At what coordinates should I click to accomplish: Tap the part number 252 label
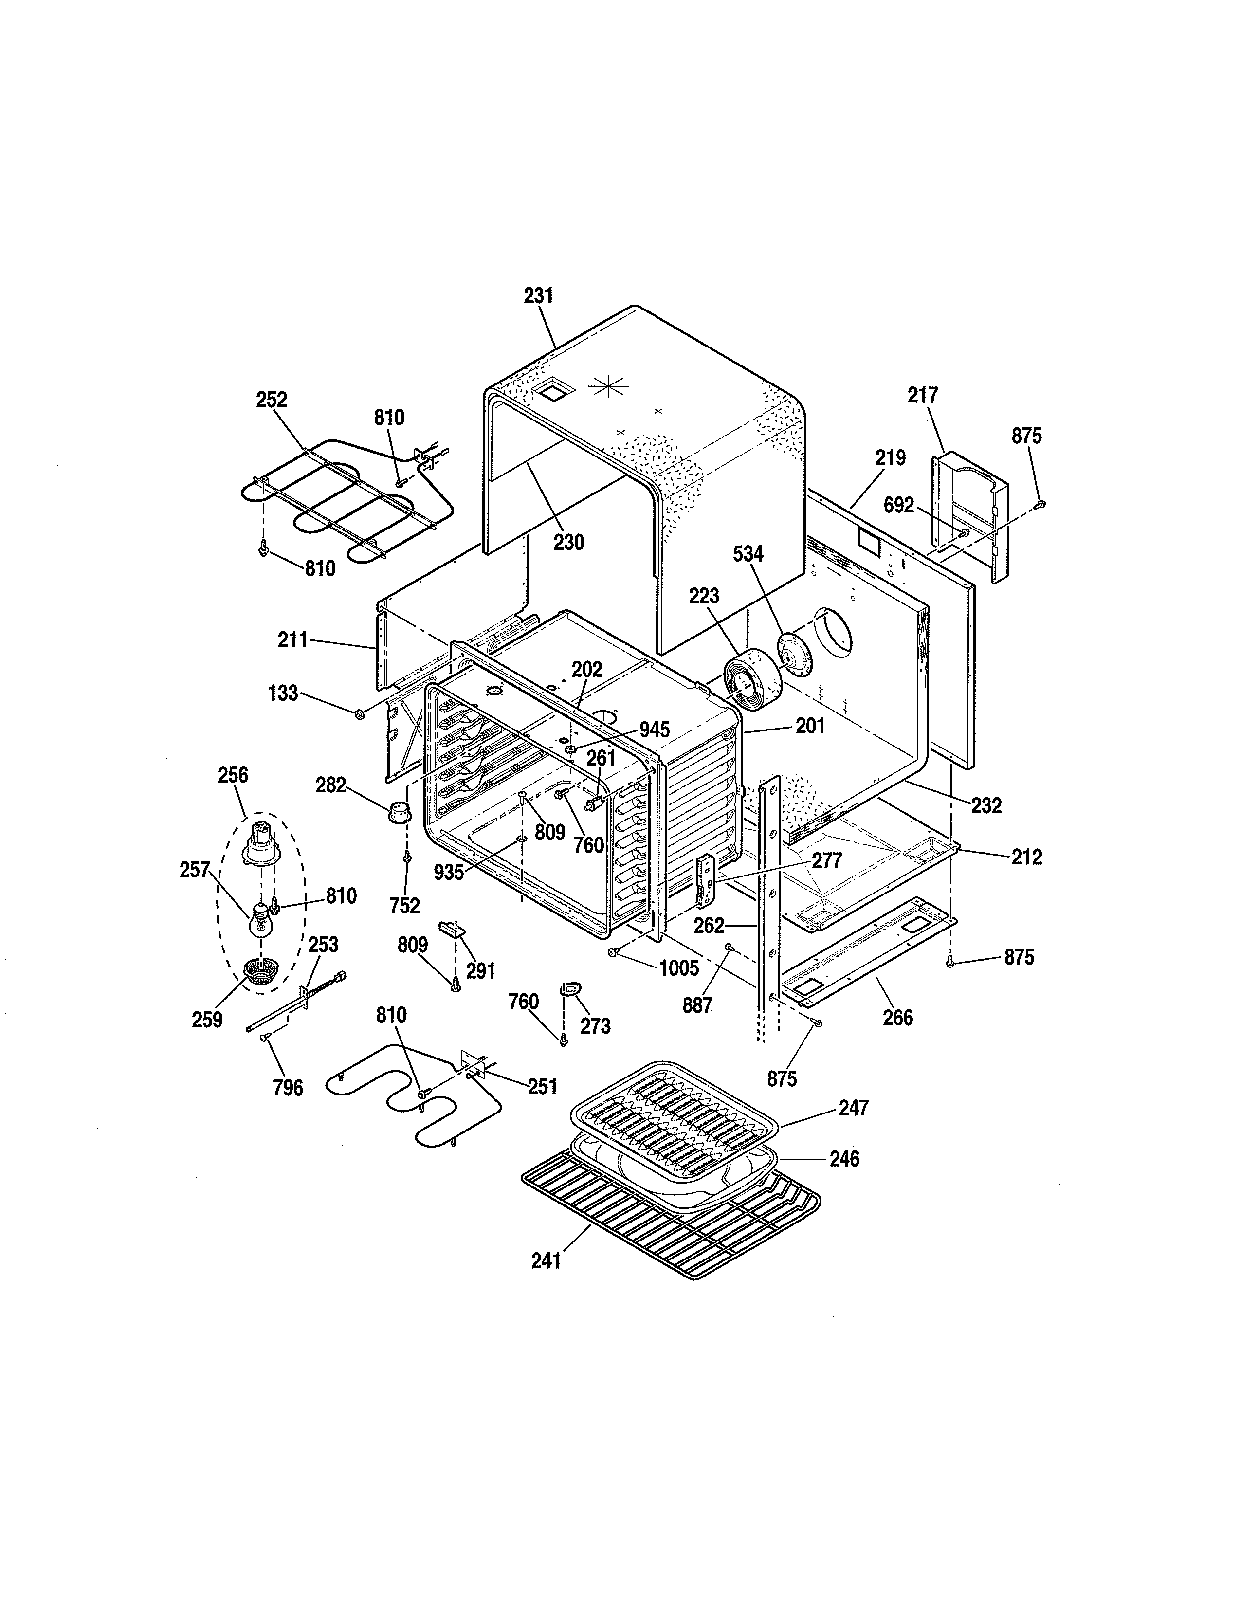[271, 400]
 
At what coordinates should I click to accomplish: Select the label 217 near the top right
[923, 396]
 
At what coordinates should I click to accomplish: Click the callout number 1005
[678, 968]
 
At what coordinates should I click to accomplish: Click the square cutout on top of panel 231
[552, 390]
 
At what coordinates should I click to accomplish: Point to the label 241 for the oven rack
[546, 1261]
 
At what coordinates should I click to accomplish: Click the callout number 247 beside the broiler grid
[854, 1108]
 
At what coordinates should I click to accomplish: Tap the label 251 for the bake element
[543, 1086]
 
